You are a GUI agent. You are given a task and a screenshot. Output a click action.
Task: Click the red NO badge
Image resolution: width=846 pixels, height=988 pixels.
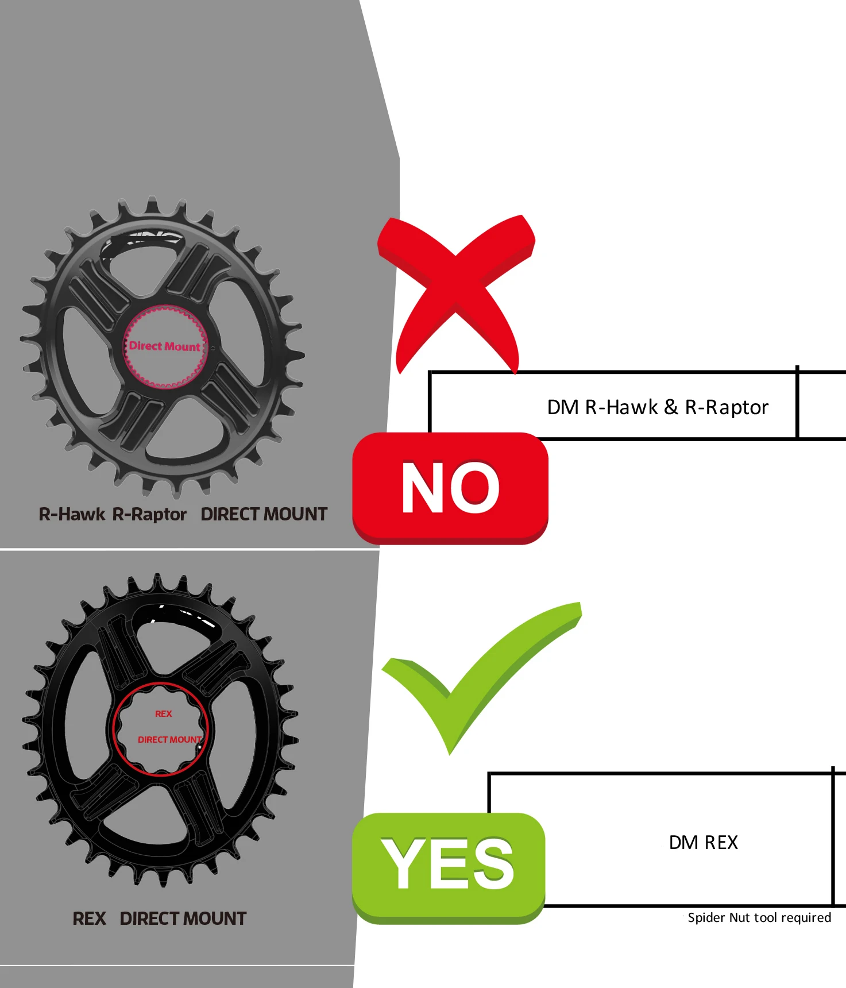pos(450,488)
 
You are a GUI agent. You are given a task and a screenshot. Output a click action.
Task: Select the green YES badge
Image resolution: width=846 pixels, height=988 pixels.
pos(448,864)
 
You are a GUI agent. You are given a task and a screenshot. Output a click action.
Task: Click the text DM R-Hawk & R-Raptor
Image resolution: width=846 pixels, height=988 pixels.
pos(657,407)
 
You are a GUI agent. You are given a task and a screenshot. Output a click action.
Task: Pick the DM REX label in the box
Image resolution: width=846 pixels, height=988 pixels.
pos(703,843)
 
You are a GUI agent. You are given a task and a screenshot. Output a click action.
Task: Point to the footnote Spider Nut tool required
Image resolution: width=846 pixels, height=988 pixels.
pos(759,917)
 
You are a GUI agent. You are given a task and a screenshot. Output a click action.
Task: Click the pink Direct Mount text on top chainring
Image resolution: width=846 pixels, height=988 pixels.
pos(164,346)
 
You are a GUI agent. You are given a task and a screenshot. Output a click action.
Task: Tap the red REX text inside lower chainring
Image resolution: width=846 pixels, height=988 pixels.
pos(164,713)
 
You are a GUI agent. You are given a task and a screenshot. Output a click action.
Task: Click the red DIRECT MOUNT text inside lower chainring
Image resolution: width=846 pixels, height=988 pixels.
pos(169,739)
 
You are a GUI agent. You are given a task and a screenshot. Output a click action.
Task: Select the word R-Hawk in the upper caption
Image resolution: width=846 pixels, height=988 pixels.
pos(72,514)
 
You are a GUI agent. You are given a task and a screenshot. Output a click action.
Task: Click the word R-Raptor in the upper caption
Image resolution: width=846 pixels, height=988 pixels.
pos(149,514)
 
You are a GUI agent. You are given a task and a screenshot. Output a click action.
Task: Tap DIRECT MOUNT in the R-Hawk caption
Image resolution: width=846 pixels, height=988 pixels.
pos(264,514)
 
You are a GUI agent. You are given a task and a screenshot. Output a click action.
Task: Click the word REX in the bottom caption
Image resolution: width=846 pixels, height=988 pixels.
pos(89,918)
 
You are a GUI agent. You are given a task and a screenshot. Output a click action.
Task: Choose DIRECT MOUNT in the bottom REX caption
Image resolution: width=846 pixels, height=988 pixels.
pos(183,918)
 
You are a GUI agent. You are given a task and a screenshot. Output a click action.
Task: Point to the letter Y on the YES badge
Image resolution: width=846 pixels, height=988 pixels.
pos(403,863)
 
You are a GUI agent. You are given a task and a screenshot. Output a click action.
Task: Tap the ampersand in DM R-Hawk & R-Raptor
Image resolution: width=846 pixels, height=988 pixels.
pos(670,407)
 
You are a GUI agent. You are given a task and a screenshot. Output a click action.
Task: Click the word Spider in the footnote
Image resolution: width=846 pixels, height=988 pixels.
pos(706,917)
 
